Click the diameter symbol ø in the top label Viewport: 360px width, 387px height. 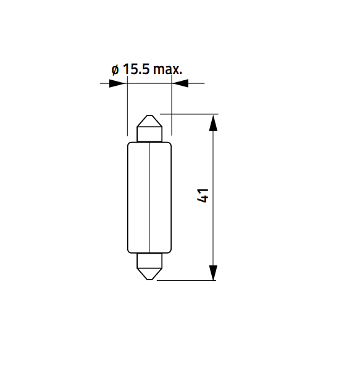click(x=115, y=70)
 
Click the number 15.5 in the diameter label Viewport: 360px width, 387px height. click(x=136, y=69)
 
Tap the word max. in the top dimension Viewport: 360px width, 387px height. click(x=168, y=70)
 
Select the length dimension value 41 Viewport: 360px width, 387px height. click(x=203, y=196)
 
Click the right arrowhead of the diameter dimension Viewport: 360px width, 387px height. click(x=180, y=83)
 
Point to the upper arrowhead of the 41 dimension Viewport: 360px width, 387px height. click(x=213, y=123)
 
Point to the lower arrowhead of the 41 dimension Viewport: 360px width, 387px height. click(x=213, y=273)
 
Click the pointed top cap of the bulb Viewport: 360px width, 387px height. click(x=149, y=121)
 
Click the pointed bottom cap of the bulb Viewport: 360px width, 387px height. click(x=149, y=274)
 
